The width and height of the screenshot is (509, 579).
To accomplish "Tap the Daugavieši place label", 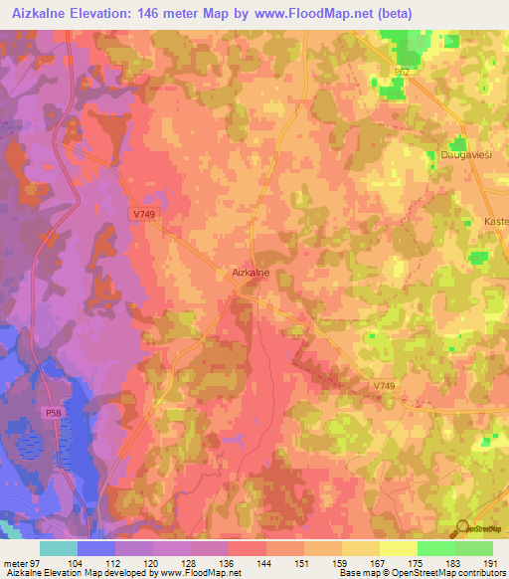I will (467, 156).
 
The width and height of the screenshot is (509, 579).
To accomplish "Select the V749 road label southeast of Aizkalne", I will (386, 386).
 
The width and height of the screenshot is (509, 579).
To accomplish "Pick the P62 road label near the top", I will (402, 73).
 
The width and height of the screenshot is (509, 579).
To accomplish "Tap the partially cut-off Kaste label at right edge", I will (495, 221).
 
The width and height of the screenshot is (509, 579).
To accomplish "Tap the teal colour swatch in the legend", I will (58, 548).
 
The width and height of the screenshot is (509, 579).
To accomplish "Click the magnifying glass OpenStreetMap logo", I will (461, 528).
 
